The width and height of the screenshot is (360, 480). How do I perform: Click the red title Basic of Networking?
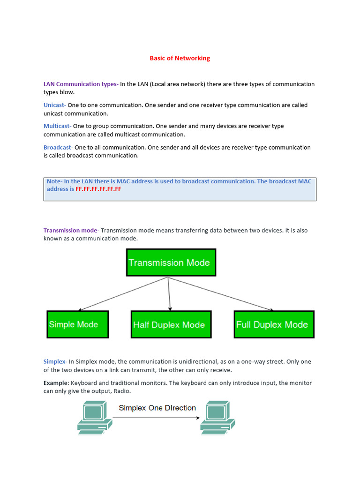click(x=180, y=58)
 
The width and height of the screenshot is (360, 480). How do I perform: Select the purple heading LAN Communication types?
click(x=80, y=84)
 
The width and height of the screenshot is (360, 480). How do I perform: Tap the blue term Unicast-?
click(x=55, y=105)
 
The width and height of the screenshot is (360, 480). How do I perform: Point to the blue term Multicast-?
click(x=57, y=126)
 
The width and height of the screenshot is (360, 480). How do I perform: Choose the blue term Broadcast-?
click(x=58, y=147)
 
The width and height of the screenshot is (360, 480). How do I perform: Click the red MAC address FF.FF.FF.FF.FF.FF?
click(x=98, y=189)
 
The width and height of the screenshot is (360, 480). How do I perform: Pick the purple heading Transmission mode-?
click(x=71, y=230)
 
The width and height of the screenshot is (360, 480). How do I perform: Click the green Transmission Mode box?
click(x=171, y=262)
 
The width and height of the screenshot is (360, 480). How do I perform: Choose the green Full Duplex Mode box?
click(x=274, y=324)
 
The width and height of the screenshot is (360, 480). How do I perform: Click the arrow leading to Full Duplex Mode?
click(x=220, y=294)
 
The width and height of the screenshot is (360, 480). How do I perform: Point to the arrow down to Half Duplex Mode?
click(x=169, y=294)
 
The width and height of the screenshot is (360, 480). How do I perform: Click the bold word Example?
click(x=56, y=383)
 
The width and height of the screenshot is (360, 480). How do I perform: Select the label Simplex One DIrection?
click(x=157, y=408)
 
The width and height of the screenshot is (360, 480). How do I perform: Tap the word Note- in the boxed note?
click(x=55, y=181)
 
